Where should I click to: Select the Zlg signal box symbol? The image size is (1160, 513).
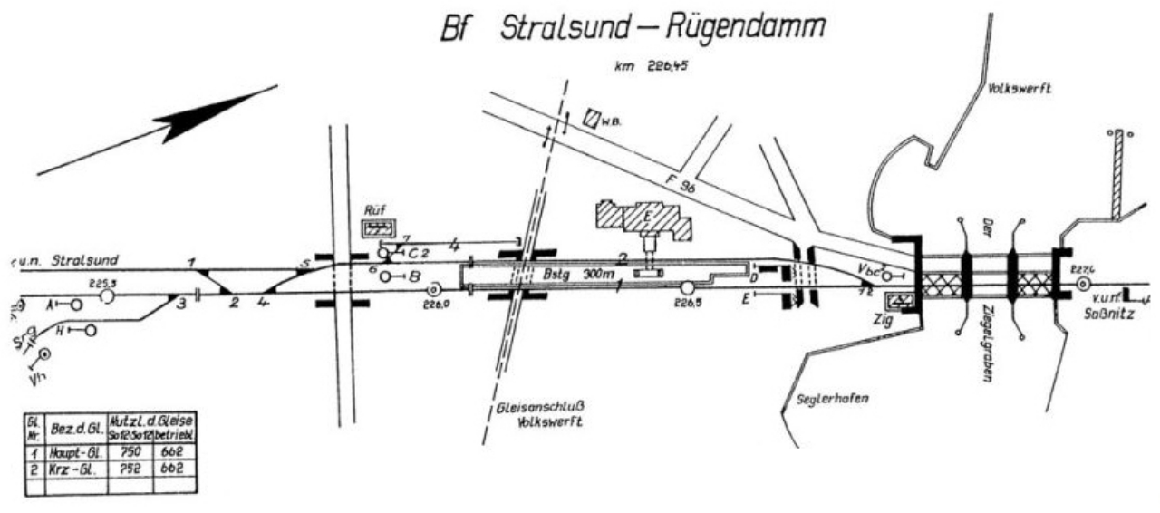click(x=901, y=301)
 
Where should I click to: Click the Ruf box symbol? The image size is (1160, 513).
click(x=376, y=227)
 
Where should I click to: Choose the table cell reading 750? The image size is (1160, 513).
click(x=130, y=450)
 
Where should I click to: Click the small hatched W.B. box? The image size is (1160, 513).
click(x=592, y=117)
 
